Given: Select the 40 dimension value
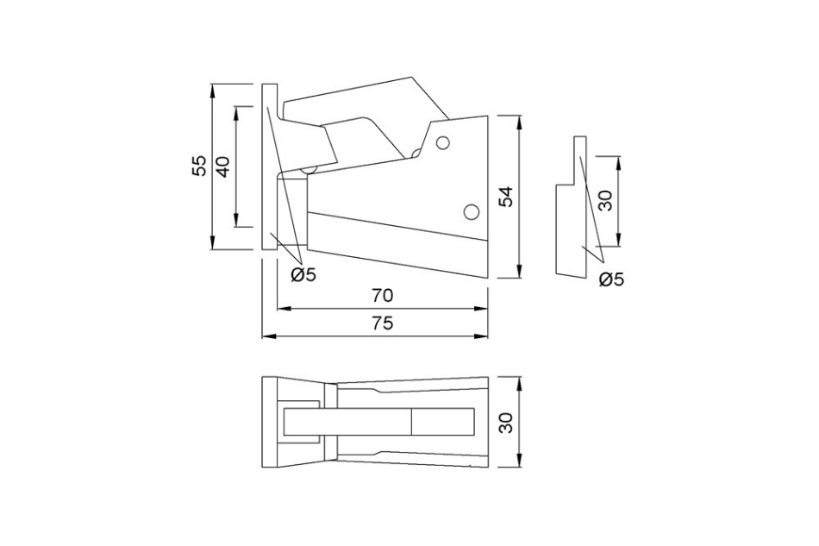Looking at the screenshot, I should (x=222, y=166).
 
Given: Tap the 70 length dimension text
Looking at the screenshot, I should (x=382, y=295).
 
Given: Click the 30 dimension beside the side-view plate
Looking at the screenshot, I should (x=604, y=201).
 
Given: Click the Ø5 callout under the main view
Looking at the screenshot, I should (x=303, y=275).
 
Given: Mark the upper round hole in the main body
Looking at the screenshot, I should (x=444, y=143).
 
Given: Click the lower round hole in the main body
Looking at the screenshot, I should (x=471, y=210).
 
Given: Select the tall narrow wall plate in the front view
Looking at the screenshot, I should (x=268, y=166).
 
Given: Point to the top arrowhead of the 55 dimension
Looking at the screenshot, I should (x=212, y=87).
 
